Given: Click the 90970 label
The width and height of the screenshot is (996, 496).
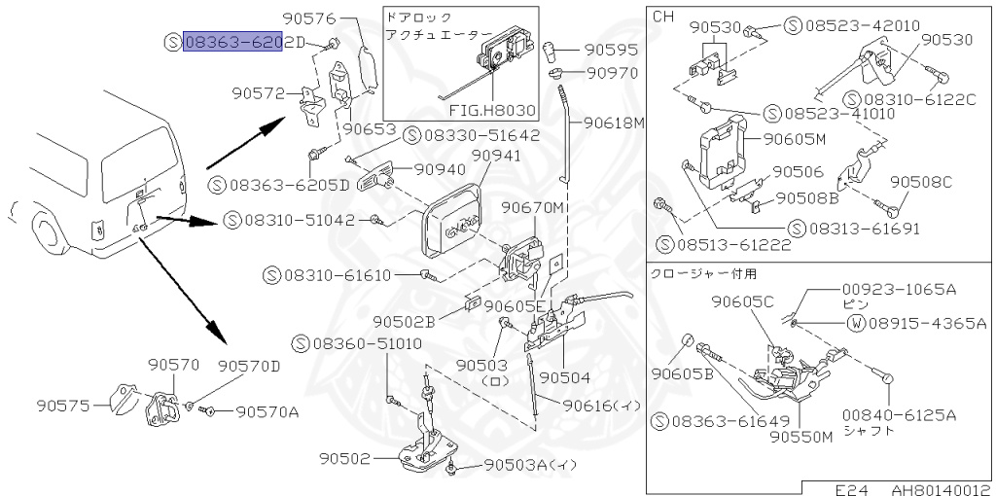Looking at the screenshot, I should pos(611,72).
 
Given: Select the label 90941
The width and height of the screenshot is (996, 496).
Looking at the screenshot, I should pos(496,155).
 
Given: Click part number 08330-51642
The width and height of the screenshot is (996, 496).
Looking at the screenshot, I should pos(480,135).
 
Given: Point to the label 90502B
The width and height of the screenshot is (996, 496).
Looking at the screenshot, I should pos(404,320).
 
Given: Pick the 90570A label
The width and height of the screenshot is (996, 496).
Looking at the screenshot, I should pos(267,411).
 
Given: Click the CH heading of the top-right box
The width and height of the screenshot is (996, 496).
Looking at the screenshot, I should pos(661,17).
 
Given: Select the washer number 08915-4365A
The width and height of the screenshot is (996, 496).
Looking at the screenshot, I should pos(927,322).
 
